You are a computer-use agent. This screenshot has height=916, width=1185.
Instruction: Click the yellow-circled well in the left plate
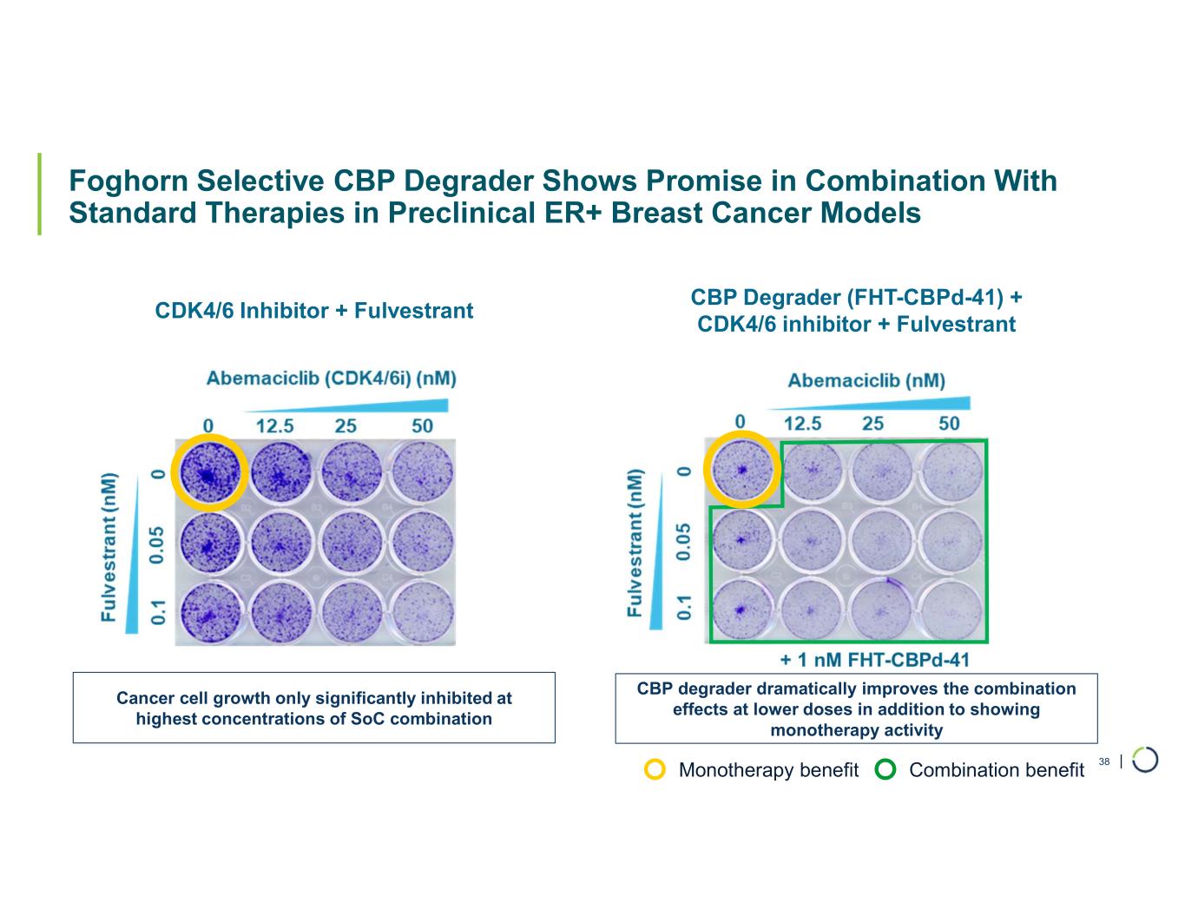coord(209,471)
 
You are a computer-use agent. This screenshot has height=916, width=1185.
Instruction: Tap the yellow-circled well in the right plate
coord(741,470)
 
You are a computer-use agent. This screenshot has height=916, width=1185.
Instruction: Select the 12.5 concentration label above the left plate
coord(273,425)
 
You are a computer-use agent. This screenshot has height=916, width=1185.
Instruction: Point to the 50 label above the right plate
coord(949,423)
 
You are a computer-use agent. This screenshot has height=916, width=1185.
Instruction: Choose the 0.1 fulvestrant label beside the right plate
coord(686,607)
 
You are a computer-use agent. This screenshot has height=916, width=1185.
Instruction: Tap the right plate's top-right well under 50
coord(952,471)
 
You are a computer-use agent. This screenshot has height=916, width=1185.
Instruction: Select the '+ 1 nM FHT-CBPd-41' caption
coord(874,660)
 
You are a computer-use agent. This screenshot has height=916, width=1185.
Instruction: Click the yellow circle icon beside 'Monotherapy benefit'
coord(656,770)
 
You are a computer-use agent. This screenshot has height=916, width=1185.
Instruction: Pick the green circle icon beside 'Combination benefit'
coord(886,770)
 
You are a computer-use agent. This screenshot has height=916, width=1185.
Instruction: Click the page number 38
coord(1104,762)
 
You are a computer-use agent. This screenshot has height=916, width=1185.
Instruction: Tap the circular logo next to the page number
coord(1145,759)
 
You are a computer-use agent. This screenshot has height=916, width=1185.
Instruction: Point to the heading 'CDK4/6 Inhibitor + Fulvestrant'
coord(313,311)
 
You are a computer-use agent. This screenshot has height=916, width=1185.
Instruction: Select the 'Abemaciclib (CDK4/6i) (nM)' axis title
coord(331,379)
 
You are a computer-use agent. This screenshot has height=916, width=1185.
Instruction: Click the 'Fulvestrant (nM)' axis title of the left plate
coord(109,547)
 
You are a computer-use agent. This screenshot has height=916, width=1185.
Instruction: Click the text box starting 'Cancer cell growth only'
coord(313,708)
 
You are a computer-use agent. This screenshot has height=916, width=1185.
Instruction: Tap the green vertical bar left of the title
coord(39,194)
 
